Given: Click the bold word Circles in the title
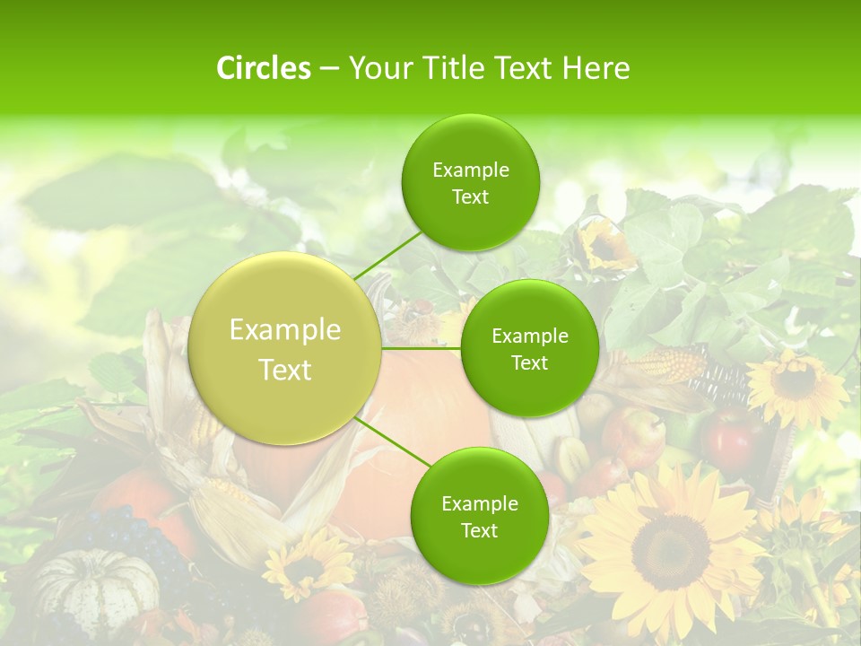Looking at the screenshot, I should pos(263,68).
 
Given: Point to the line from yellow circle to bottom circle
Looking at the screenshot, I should pos(395,442).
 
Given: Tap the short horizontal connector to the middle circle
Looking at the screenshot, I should pos(421,347).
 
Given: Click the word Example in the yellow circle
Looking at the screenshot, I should pos(285,330).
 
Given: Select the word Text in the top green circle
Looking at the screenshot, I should pos(470,197).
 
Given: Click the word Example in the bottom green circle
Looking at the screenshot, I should pos(479,503).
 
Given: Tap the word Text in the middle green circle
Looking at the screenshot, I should pos(529,362).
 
